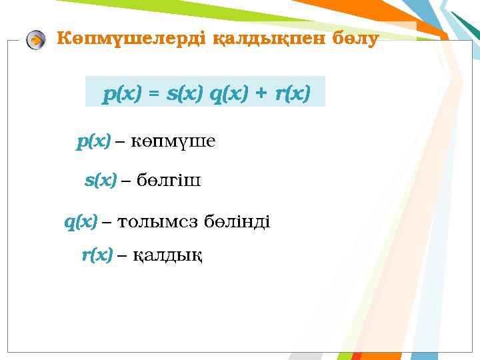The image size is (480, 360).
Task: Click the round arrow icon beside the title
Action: pos(36,40)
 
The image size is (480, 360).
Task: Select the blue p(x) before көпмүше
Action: pos(93,141)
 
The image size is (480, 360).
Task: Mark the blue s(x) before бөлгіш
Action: pos(101,180)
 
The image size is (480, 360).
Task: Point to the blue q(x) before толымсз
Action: pos(81,221)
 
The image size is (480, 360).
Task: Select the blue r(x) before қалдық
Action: pos(97,255)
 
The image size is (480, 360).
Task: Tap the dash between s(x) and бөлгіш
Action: pos(126,181)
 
